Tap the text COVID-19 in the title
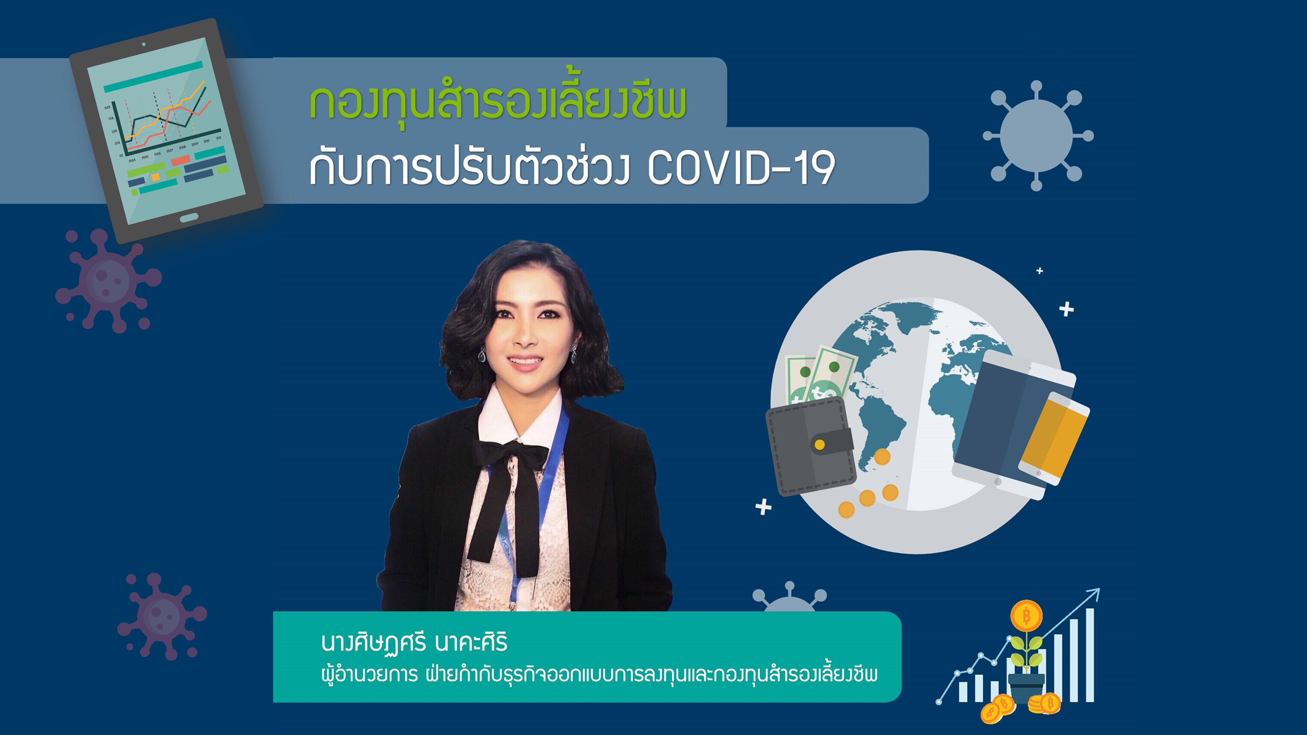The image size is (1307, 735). point(741,169)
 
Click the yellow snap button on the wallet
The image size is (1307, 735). point(819,445)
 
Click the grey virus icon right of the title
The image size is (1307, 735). point(1037,136)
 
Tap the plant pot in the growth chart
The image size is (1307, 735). point(1026,687)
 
